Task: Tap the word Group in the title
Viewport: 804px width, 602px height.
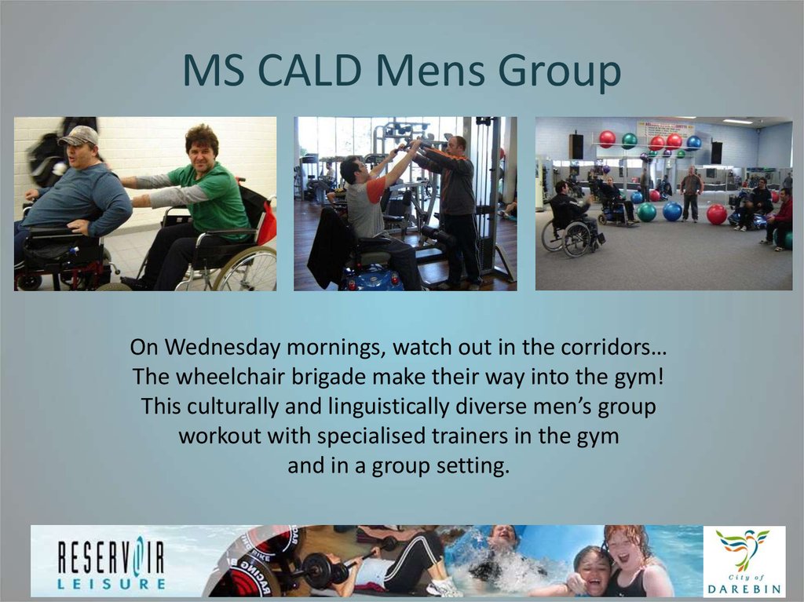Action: tap(549, 72)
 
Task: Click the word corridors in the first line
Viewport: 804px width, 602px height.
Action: tap(608, 346)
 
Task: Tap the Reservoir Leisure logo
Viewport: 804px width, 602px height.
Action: tap(111, 562)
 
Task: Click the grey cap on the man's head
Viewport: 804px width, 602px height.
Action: tap(79, 137)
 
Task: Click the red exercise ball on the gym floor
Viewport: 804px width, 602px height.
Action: tap(716, 214)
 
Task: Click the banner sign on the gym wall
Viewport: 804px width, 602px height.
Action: tap(664, 128)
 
